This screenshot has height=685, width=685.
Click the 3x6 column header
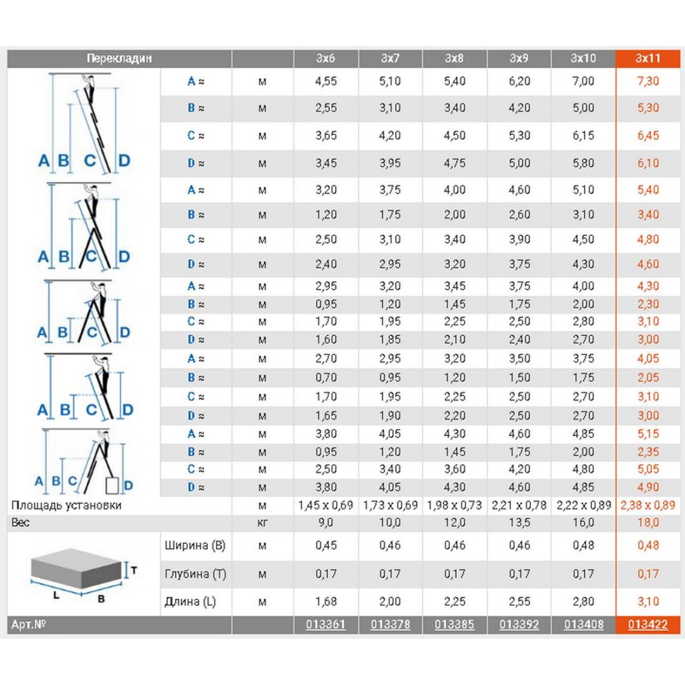pos(325,58)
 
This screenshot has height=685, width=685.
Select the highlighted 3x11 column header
pos(648,58)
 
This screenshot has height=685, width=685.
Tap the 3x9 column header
pos(519,58)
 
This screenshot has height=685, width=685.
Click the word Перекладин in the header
pos(119,58)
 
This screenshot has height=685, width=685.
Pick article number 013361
pos(325,624)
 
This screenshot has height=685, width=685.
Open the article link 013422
pos(648,624)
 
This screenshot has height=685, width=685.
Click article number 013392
pos(519,624)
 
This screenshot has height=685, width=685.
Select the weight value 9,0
pos(325,522)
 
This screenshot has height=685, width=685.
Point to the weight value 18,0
pos(648,522)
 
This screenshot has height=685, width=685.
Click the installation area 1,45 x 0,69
pos(325,505)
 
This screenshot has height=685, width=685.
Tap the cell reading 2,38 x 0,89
pos(648,505)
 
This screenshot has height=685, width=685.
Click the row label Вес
pos(21,522)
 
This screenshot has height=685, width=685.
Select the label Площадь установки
pos(66,505)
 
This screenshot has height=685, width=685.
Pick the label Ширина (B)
pos(195,545)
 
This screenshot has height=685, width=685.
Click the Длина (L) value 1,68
pos(325,601)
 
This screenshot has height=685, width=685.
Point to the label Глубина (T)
pos(195,574)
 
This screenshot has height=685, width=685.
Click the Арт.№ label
pos(29,624)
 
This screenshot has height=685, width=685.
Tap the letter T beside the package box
pos(134,570)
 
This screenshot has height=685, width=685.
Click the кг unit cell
pos(262,522)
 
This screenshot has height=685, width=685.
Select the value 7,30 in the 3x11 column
pos(648,81)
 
